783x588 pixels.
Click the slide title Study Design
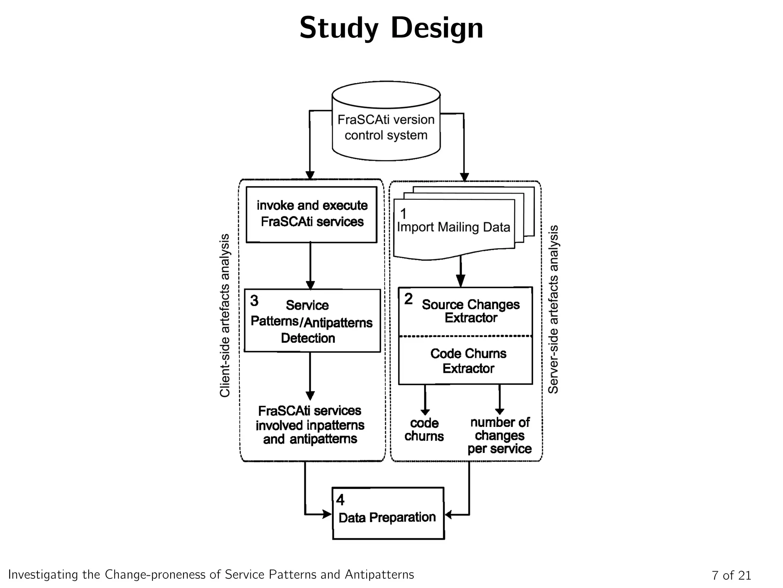pos(391,28)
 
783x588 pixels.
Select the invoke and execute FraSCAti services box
pos(311,214)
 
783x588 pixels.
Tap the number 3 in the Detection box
pos(254,301)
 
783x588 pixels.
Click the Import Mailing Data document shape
pos(454,228)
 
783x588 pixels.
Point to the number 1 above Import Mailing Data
pos(403,214)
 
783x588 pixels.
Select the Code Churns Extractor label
pos(468,361)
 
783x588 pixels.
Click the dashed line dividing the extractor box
pos(465,336)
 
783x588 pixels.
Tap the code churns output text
pos(424,430)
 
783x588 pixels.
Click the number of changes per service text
pos(499,435)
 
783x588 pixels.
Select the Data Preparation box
pos(388,513)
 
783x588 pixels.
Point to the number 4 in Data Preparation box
pos(340,500)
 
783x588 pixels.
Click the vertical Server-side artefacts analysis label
pos(553,309)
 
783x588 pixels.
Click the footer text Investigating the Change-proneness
pos(211,575)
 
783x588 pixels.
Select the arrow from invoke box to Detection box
pos(310,266)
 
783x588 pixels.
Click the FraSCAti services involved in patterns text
pos(310,425)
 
